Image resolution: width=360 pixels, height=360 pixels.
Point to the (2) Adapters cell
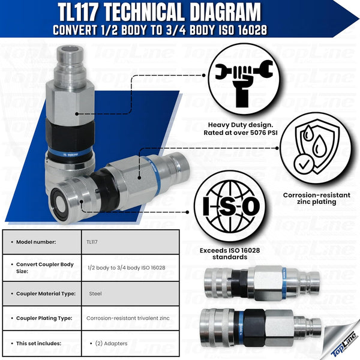click(109, 343)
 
